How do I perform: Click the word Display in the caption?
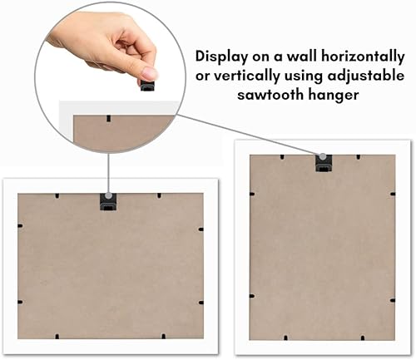[x=221, y=57]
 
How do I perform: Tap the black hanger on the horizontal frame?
[x=107, y=200]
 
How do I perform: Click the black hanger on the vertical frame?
[x=323, y=163]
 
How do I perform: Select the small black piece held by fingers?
[x=147, y=86]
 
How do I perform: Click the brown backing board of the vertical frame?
[x=323, y=249]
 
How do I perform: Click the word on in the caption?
[x=263, y=57]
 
